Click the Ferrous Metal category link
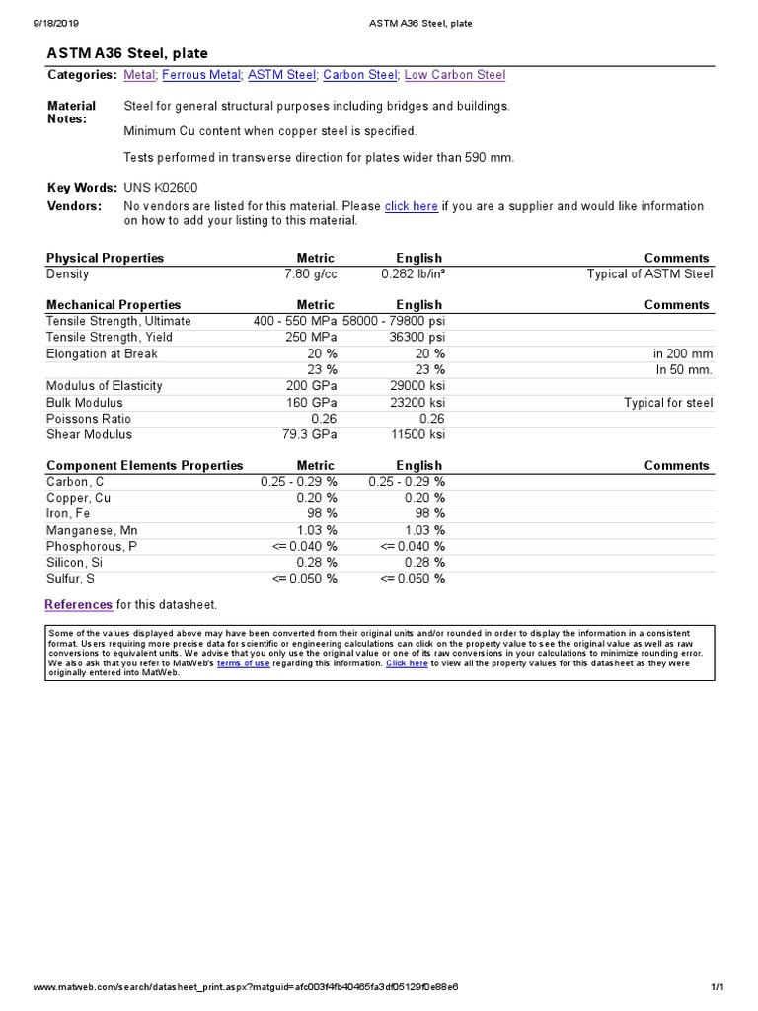[x=200, y=75]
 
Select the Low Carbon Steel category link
[x=455, y=75]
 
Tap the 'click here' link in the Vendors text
[x=411, y=206]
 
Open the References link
[x=79, y=604]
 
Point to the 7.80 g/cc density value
[x=310, y=273]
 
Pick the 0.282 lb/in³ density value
[x=413, y=273]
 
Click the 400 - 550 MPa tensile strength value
[x=295, y=321]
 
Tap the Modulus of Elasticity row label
[x=105, y=386]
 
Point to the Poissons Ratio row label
[x=89, y=419]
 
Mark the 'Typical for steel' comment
[x=668, y=403]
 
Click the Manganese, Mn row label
[x=92, y=530]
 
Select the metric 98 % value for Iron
[x=322, y=514]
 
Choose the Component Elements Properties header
[x=144, y=466]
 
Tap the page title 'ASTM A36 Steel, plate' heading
[x=128, y=53]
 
